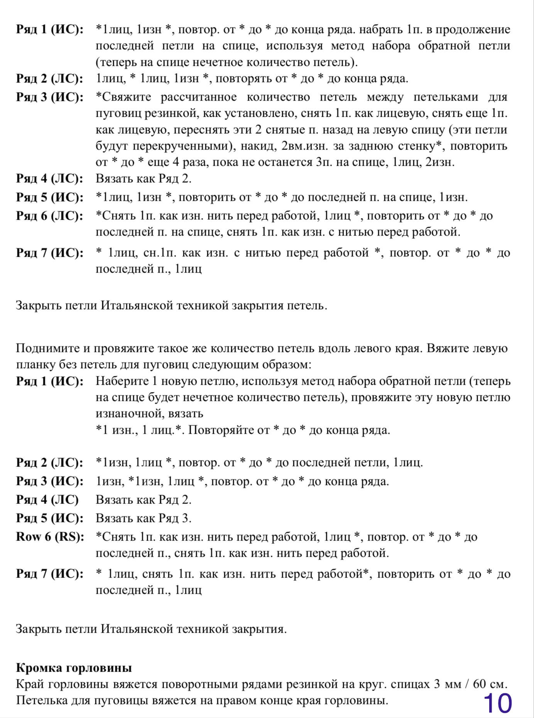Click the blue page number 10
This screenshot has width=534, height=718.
pos(497,703)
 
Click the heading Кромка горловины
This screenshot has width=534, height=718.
pos(74,667)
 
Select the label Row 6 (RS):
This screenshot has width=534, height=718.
pos(50,536)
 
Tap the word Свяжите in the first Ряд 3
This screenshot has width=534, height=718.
pos(126,97)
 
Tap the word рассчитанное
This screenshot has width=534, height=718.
pos(199,97)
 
